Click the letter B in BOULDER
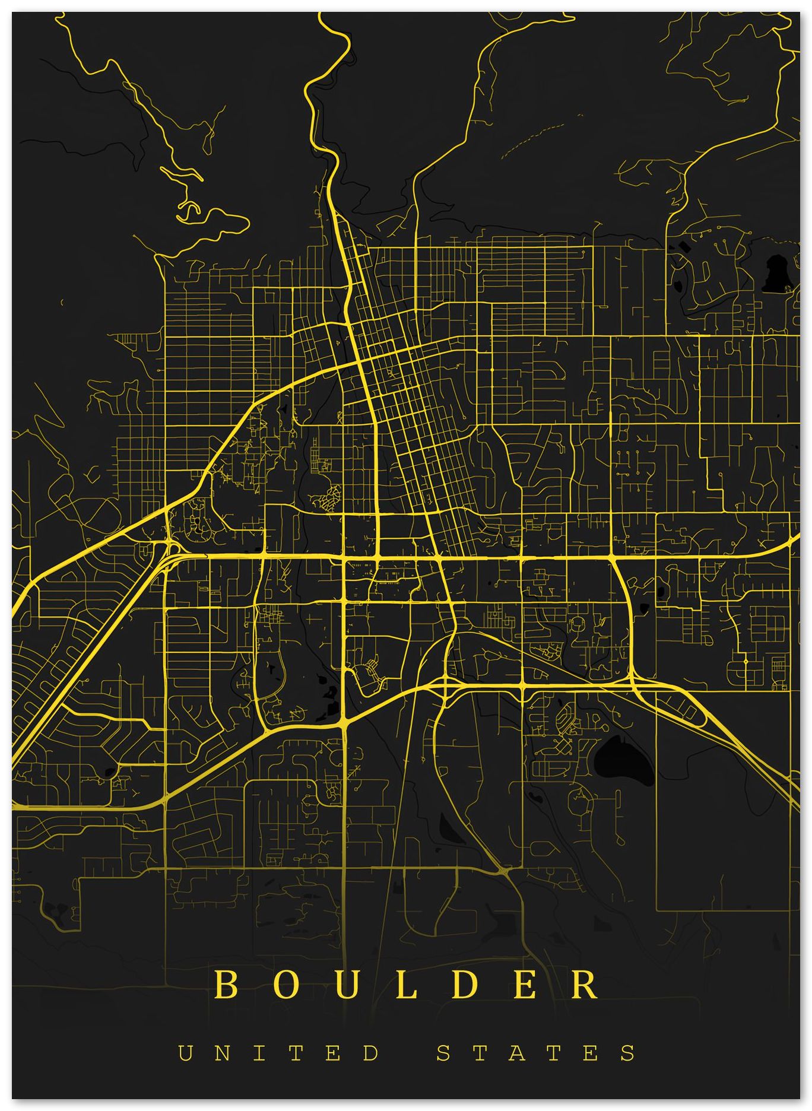click(227, 985)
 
